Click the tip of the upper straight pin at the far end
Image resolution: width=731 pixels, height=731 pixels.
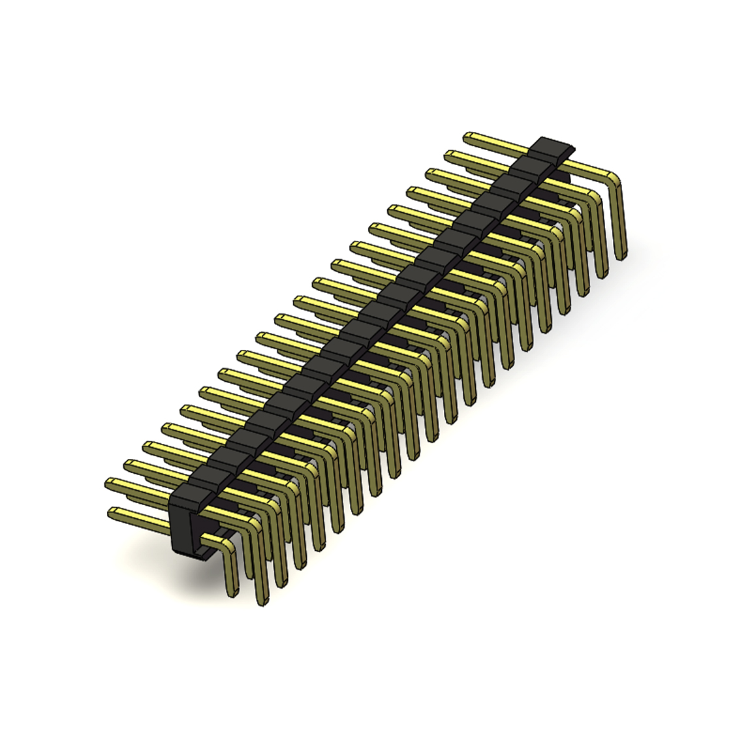(x=467, y=137)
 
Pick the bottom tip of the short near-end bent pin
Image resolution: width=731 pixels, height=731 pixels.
(x=232, y=594)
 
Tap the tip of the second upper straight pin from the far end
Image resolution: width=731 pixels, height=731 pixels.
(x=448, y=155)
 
